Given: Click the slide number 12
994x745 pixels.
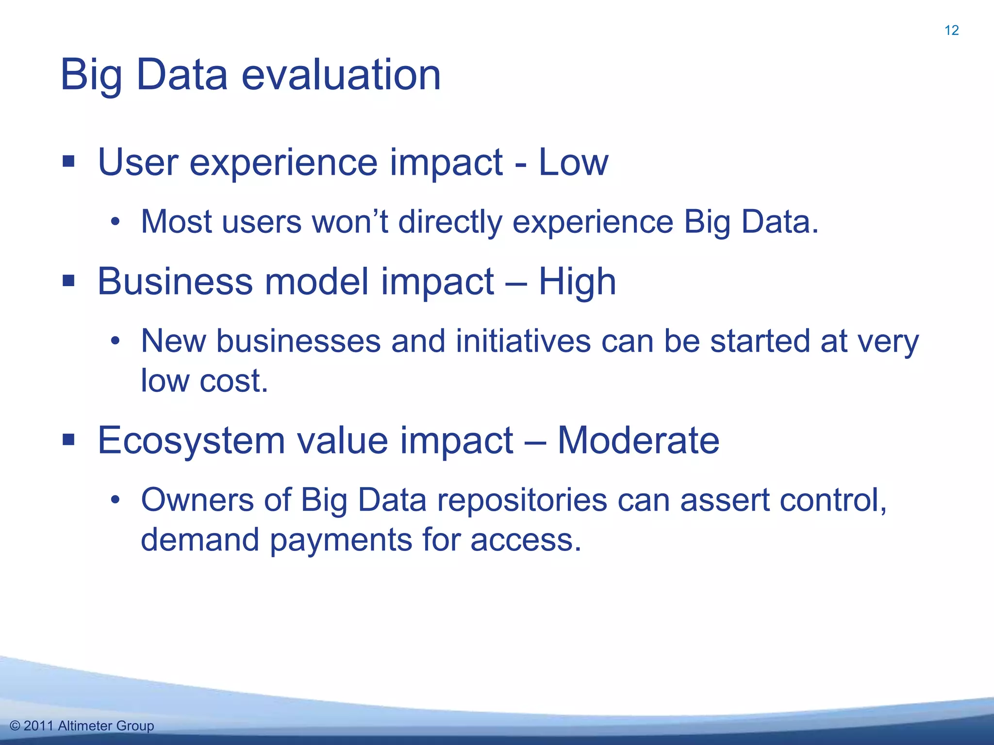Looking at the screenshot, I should pos(951,31).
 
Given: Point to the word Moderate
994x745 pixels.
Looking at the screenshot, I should pos(638,440).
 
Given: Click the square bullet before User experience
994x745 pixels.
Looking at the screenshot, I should pos(68,162).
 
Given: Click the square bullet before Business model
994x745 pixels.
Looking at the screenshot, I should pos(68,281).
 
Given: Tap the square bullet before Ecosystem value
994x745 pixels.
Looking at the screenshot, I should pos(68,440).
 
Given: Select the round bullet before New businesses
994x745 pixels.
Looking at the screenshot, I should pos(115,341).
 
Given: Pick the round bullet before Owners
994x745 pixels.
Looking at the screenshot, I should pos(115,500).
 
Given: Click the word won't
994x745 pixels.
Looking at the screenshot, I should pos(349,222).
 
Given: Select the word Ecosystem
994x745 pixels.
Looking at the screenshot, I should pos(191,440).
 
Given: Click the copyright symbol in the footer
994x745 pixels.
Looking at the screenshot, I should pos(15,726).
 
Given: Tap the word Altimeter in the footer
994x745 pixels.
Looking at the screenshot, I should pos(85,726).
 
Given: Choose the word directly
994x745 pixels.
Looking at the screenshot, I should pos(450,222).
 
